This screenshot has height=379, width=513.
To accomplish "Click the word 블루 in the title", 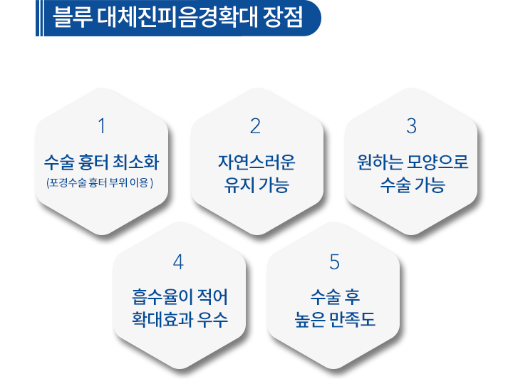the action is (73, 16).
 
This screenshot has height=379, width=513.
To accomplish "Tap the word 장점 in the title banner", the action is (283, 16).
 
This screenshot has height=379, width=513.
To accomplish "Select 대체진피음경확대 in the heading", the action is (177, 16).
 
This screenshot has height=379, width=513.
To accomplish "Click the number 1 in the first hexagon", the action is (102, 126).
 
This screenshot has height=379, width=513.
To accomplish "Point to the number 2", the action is (256, 126).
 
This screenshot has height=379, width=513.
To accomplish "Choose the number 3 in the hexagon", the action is (412, 126).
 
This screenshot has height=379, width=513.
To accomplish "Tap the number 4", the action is (178, 262).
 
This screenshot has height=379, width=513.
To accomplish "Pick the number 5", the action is (334, 262).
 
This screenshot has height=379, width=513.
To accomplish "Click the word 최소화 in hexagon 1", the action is (136, 162).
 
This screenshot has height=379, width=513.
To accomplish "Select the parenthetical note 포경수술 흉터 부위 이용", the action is (100, 182).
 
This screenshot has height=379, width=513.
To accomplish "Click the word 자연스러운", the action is (256, 162).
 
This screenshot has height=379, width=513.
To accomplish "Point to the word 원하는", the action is (380, 162).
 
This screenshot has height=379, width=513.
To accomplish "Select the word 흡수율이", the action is (157, 296).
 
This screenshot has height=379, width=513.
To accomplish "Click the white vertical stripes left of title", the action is (40, 18).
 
